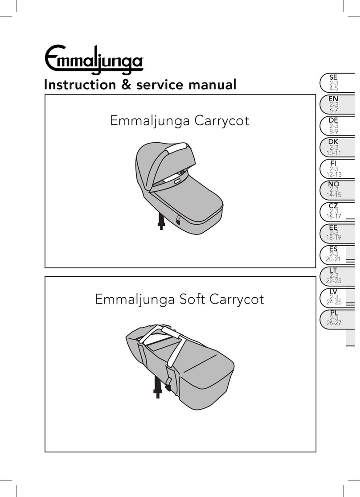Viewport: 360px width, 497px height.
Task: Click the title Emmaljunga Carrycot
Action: coord(180,121)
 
